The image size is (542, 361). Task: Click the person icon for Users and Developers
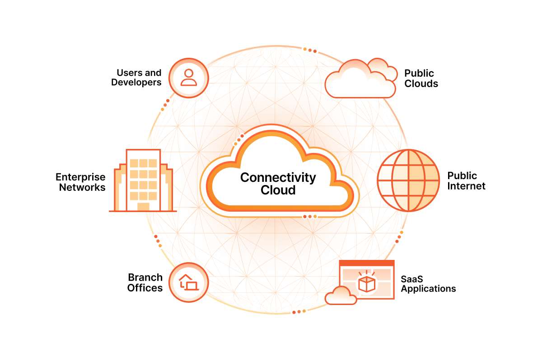pos(189,78)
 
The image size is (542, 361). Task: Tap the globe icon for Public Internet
pos(408,180)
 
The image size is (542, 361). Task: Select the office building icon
pos(143,180)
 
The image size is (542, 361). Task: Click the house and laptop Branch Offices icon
pos(189,282)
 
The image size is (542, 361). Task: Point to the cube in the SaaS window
pos(367,284)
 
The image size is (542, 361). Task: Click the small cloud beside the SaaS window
pos(341,296)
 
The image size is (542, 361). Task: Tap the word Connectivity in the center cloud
pos(278,178)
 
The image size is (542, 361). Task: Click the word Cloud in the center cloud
pos(278,190)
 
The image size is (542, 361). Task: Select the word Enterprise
pos(80,177)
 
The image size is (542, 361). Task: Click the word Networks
pos(82,187)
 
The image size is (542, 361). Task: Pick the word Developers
pos(136,83)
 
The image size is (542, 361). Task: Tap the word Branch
pos(145,278)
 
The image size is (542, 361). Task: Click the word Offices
pos(145,288)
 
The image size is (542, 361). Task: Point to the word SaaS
pos(412,279)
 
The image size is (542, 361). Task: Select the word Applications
pos(428,289)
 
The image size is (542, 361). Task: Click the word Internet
pos(466,186)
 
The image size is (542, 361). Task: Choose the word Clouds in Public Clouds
pos(421,83)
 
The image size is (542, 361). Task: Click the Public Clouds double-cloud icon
pos(361,78)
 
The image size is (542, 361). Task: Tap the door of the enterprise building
pos(143,207)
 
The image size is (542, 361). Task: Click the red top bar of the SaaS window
pos(367,263)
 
